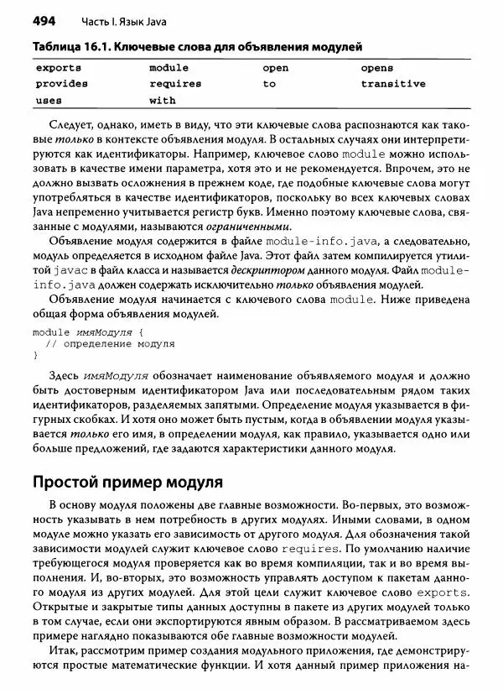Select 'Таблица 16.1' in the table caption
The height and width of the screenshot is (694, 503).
tap(67, 47)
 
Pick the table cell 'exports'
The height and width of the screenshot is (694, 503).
tap(58, 67)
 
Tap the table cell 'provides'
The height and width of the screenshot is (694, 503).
tap(61, 84)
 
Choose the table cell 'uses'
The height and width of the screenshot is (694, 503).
tap(49, 100)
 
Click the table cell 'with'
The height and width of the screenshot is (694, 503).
tap(163, 100)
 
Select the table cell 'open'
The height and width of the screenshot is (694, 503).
tap(276, 67)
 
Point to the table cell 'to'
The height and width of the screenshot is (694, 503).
tap(269, 84)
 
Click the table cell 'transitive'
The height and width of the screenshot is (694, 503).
tap(393, 84)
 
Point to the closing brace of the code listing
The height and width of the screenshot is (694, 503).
tap(35, 355)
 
